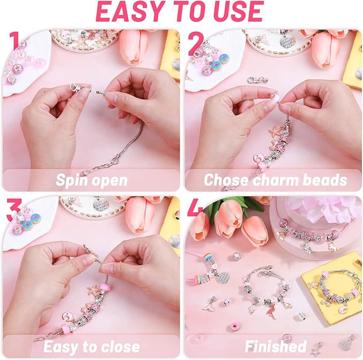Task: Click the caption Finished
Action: point(275,347)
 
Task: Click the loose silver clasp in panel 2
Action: point(258,80)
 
